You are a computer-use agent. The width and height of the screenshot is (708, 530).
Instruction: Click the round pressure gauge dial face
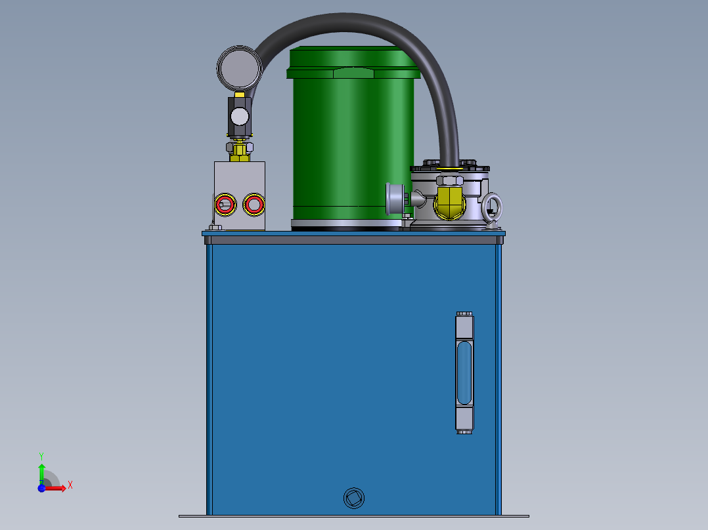point(239,68)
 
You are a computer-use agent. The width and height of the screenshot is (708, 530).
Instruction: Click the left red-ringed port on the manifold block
point(225,205)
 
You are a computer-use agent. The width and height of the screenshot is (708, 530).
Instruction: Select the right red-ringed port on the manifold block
point(254,205)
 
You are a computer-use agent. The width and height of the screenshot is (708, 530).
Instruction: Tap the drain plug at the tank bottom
point(353,498)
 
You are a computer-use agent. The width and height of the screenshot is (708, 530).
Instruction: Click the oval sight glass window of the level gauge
point(464,372)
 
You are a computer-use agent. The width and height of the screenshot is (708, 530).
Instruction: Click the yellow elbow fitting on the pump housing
point(449,202)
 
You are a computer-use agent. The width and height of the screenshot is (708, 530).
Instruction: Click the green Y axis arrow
point(41,471)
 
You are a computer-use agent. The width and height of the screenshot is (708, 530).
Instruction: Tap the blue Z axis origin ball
point(41,488)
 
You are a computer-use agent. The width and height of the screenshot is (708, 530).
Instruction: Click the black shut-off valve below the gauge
point(240,117)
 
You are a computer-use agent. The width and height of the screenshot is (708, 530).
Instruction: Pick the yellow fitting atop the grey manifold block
point(240,153)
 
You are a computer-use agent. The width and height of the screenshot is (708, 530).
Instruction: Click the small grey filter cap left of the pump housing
point(395,198)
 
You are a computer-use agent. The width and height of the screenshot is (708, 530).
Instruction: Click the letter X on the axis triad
point(70,485)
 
